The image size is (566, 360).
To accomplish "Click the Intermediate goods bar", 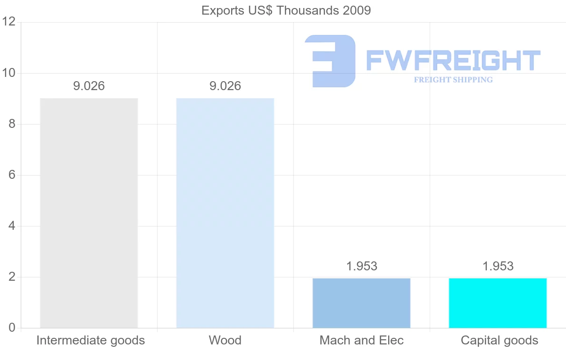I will (x=89, y=213).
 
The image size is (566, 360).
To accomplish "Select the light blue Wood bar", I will (x=225, y=213).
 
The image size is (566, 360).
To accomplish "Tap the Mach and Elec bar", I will (x=361, y=303).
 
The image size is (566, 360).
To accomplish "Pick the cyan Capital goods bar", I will (x=498, y=303).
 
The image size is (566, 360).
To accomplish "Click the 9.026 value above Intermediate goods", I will (x=89, y=86).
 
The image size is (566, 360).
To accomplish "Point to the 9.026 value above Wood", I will (x=225, y=86).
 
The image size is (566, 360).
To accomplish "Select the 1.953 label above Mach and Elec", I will (x=361, y=267).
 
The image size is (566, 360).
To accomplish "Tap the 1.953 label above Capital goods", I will (x=498, y=267).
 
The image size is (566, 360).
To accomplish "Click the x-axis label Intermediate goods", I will (x=91, y=340).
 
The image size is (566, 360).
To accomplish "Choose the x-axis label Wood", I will (x=225, y=340).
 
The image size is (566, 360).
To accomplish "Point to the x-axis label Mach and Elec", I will (x=361, y=340).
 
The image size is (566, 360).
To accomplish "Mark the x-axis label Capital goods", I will (x=499, y=340).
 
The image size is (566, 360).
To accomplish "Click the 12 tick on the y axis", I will (x=9, y=22).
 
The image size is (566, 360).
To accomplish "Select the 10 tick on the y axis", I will (x=9, y=73).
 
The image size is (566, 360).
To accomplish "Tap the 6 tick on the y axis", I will (x=12, y=175).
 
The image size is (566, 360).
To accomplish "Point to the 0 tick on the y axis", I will (x=12, y=328).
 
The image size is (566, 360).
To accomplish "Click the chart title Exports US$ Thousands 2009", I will (x=286, y=10).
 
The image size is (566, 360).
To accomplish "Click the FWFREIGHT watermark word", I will (x=453, y=60).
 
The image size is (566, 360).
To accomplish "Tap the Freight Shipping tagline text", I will (x=453, y=80).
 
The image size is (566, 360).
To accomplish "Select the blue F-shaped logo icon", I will (x=330, y=61).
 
